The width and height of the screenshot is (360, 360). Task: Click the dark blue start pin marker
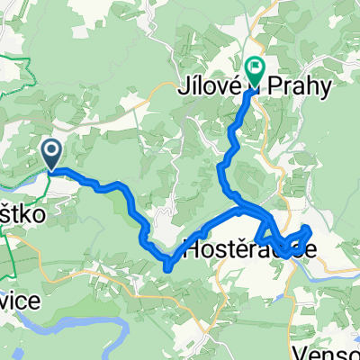click(52, 153)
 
